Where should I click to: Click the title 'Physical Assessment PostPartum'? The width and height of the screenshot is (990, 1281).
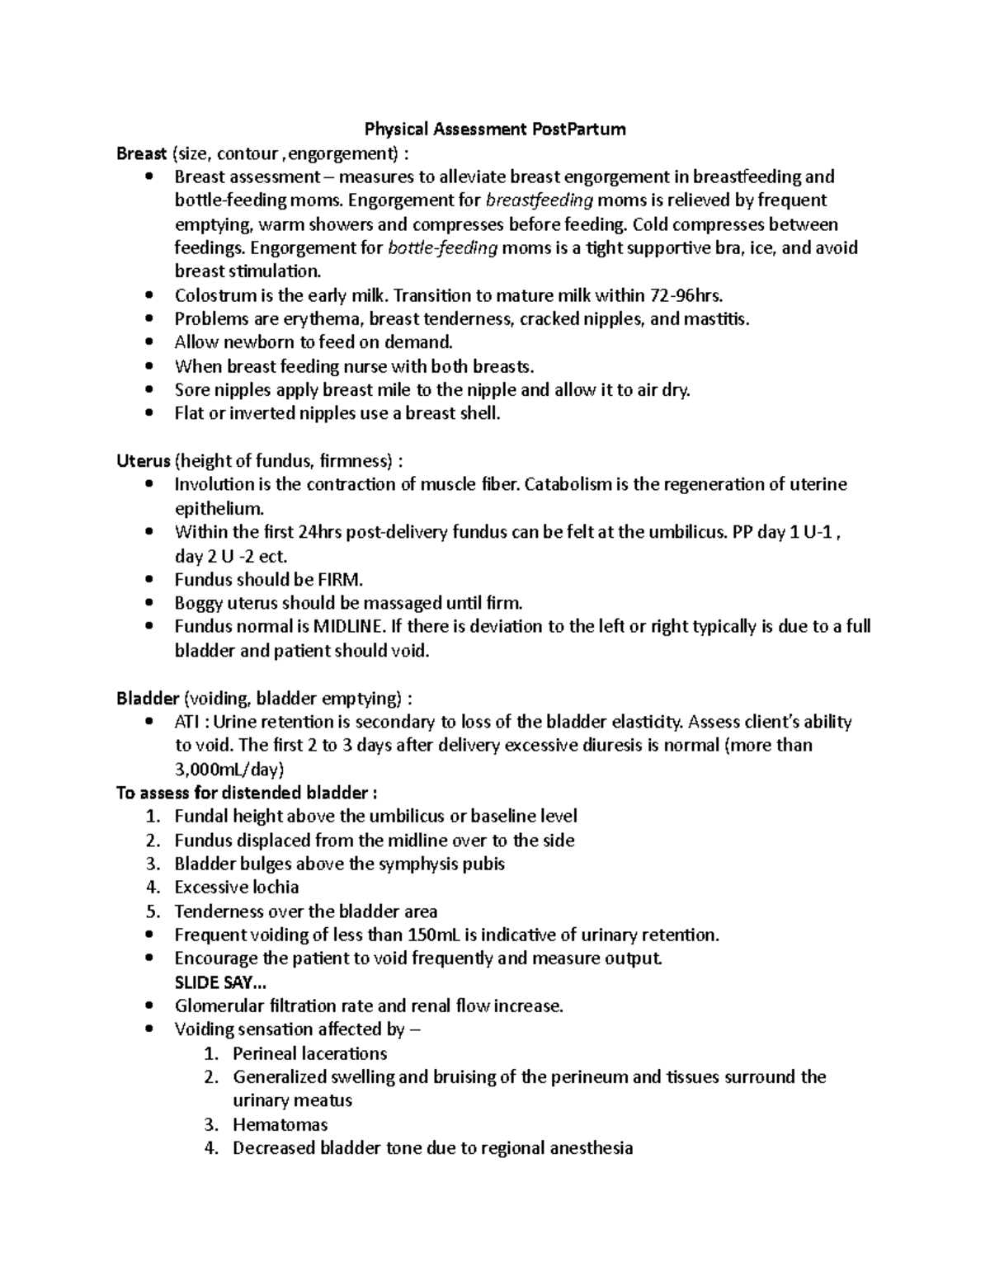coord(495,129)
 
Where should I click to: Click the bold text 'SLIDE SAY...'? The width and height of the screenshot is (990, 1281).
coord(220,982)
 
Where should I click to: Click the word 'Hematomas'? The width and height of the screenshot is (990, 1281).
coord(280,1124)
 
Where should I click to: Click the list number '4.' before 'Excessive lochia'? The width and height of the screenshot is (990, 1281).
coord(152,888)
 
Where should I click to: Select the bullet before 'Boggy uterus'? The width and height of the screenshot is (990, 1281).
coord(148,603)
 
